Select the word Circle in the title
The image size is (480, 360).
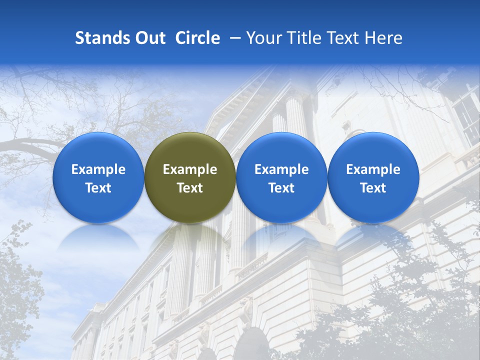[x=197, y=38]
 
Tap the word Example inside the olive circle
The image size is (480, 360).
[x=190, y=169]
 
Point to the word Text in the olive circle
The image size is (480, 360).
[x=190, y=188]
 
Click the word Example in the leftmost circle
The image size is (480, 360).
[x=98, y=169]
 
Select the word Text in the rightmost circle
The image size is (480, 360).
[x=373, y=188]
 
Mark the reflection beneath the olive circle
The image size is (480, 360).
[x=190, y=238]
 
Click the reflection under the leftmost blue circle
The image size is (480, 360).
[x=98, y=238]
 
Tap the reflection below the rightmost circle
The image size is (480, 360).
[x=373, y=238]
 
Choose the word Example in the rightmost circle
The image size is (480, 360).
[x=373, y=169]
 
